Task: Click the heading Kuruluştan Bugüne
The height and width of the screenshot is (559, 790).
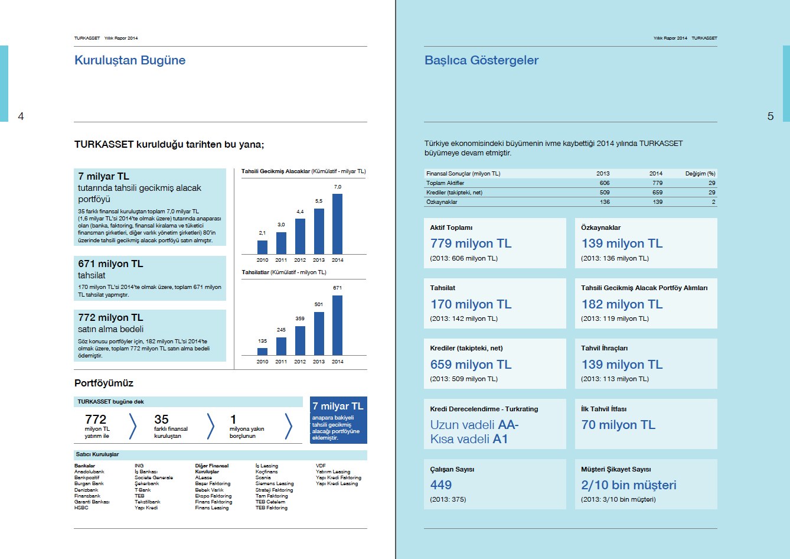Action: [130, 60]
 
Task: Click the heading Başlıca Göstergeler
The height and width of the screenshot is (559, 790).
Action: [481, 60]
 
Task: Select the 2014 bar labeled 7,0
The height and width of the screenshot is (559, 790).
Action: [337, 224]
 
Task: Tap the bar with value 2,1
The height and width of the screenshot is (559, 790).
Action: [262, 247]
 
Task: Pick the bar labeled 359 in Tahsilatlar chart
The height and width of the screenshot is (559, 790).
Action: [300, 340]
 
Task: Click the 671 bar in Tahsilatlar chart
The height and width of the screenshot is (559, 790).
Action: [337, 325]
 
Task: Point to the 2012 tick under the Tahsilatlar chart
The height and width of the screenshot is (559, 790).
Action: [300, 362]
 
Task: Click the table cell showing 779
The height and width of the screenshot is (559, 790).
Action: [657, 183]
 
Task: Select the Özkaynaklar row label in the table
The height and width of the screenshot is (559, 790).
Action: [442, 202]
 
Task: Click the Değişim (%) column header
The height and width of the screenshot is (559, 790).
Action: [700, 174]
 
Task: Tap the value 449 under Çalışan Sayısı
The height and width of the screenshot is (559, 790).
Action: [441, 485]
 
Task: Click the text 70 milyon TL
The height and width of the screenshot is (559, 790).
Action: [618, 425]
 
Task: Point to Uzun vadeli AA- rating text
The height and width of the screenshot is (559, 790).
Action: [474, 425]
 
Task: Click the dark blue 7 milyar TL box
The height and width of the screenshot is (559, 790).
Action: [338, 420]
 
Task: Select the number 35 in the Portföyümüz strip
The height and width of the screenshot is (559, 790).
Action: [161, 419]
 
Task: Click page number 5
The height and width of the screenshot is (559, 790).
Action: [770, 116]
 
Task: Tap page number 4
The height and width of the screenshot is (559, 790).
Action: [21, 116]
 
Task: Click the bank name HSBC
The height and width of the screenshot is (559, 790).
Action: [81, 508]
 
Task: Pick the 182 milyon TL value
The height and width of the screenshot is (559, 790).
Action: [622, 304]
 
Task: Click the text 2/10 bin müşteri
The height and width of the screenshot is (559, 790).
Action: [629, 485]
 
